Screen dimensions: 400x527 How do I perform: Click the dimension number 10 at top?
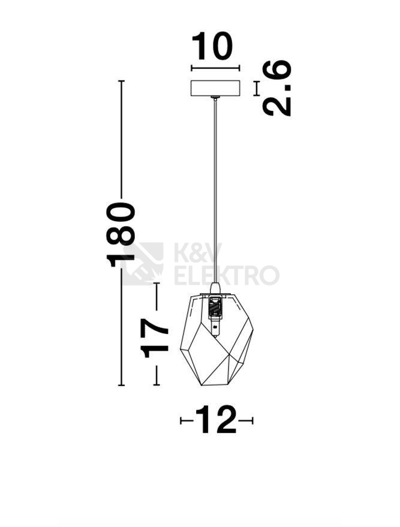(212, 46)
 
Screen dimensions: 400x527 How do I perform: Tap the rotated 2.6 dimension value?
(276, 88)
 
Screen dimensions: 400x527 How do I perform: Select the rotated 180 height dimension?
(121, 234)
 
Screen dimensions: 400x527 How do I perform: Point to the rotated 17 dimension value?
(154, 338)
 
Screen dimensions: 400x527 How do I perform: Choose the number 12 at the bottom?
(216, 420)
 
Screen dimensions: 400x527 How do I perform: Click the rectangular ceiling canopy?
(215, 88)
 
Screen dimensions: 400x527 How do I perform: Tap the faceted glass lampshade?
(216, 339)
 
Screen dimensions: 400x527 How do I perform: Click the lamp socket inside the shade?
(215, 308)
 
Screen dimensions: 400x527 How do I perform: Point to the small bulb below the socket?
(215, 329)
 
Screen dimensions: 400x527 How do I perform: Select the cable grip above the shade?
(215, 288)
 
